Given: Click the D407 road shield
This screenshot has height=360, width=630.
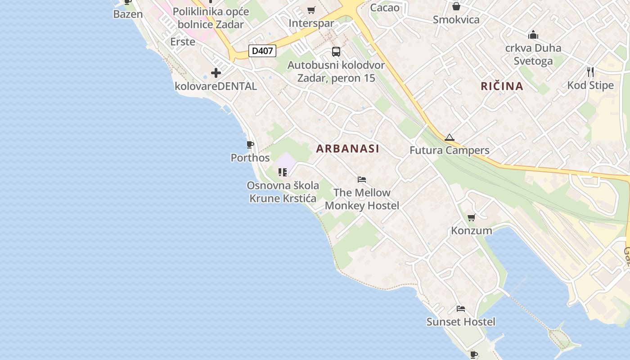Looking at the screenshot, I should point(262,51).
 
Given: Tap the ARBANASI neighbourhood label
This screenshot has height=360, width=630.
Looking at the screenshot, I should point(347,148).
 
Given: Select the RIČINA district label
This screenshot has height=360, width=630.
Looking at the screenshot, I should point(502,86).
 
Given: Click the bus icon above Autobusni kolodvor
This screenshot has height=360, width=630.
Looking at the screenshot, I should point(336,52).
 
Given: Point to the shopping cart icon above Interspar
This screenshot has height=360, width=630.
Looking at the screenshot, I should point(311,10).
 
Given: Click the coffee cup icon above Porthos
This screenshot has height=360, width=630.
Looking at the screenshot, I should point(250,144).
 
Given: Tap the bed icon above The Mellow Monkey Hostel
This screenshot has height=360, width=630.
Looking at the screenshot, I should point(362,180).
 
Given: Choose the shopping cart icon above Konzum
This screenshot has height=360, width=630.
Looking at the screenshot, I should point(471,218).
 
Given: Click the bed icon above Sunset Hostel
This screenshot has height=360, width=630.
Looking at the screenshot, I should point(461,309).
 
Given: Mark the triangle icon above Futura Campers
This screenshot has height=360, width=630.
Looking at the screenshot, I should point(449,138).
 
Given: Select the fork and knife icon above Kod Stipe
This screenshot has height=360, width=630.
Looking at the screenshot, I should point(590,72).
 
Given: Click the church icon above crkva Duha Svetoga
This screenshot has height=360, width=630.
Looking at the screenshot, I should point(533,35).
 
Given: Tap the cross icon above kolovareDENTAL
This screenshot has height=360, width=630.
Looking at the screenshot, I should point(216,72).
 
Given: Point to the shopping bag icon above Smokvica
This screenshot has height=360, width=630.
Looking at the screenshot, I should point(456,6).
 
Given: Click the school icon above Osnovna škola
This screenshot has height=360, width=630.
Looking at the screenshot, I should point(283,172).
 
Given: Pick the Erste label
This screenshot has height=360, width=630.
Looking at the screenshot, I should point(183,42).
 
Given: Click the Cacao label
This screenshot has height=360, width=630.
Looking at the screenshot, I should point(385,7).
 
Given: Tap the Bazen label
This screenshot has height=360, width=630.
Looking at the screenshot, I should point(128,14).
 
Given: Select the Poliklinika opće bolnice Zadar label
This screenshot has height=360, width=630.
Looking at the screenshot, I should point(211,18).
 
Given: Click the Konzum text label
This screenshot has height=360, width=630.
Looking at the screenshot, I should point(472,231).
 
